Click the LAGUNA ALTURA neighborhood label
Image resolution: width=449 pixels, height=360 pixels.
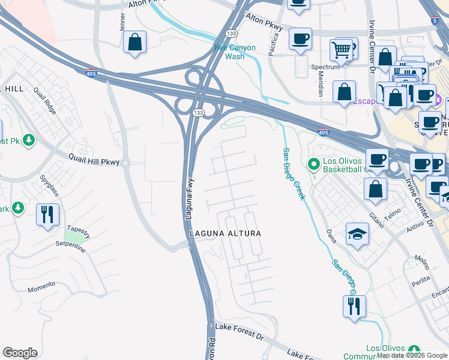coord(225,233)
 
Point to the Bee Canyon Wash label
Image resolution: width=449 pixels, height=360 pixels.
coord(235,52)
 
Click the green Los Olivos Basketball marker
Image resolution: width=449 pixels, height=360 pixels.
coord(313,163)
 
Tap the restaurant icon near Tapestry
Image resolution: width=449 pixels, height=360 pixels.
coord(48,214)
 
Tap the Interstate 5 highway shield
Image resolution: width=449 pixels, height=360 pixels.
coord(434,20)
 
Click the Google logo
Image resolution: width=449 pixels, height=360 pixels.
coord(20,353)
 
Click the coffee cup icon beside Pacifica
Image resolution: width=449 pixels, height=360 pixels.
coord(300,39)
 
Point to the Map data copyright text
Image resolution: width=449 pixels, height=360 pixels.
coord(412,355)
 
